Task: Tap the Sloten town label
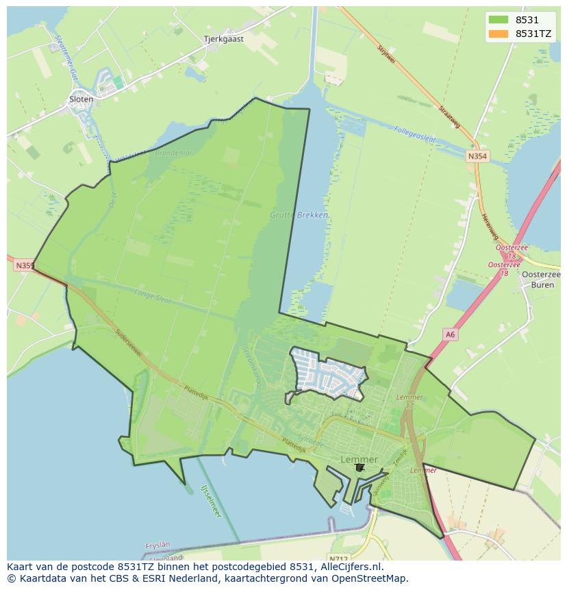81,99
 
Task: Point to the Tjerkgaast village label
223,39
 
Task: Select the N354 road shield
478,157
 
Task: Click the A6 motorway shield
449,334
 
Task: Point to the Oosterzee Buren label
539,279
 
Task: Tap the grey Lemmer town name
359,459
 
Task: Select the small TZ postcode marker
360,467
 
